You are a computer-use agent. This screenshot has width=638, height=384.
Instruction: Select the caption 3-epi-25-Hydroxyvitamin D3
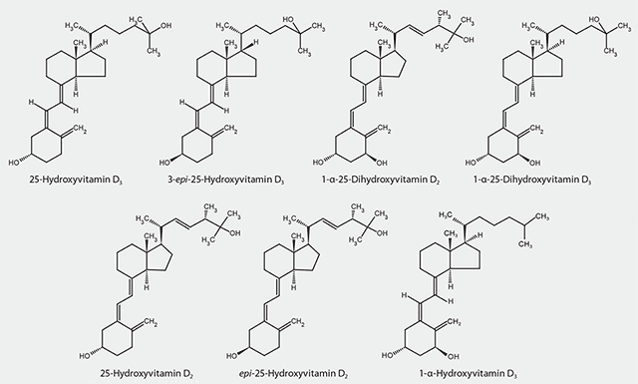point(225,184)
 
